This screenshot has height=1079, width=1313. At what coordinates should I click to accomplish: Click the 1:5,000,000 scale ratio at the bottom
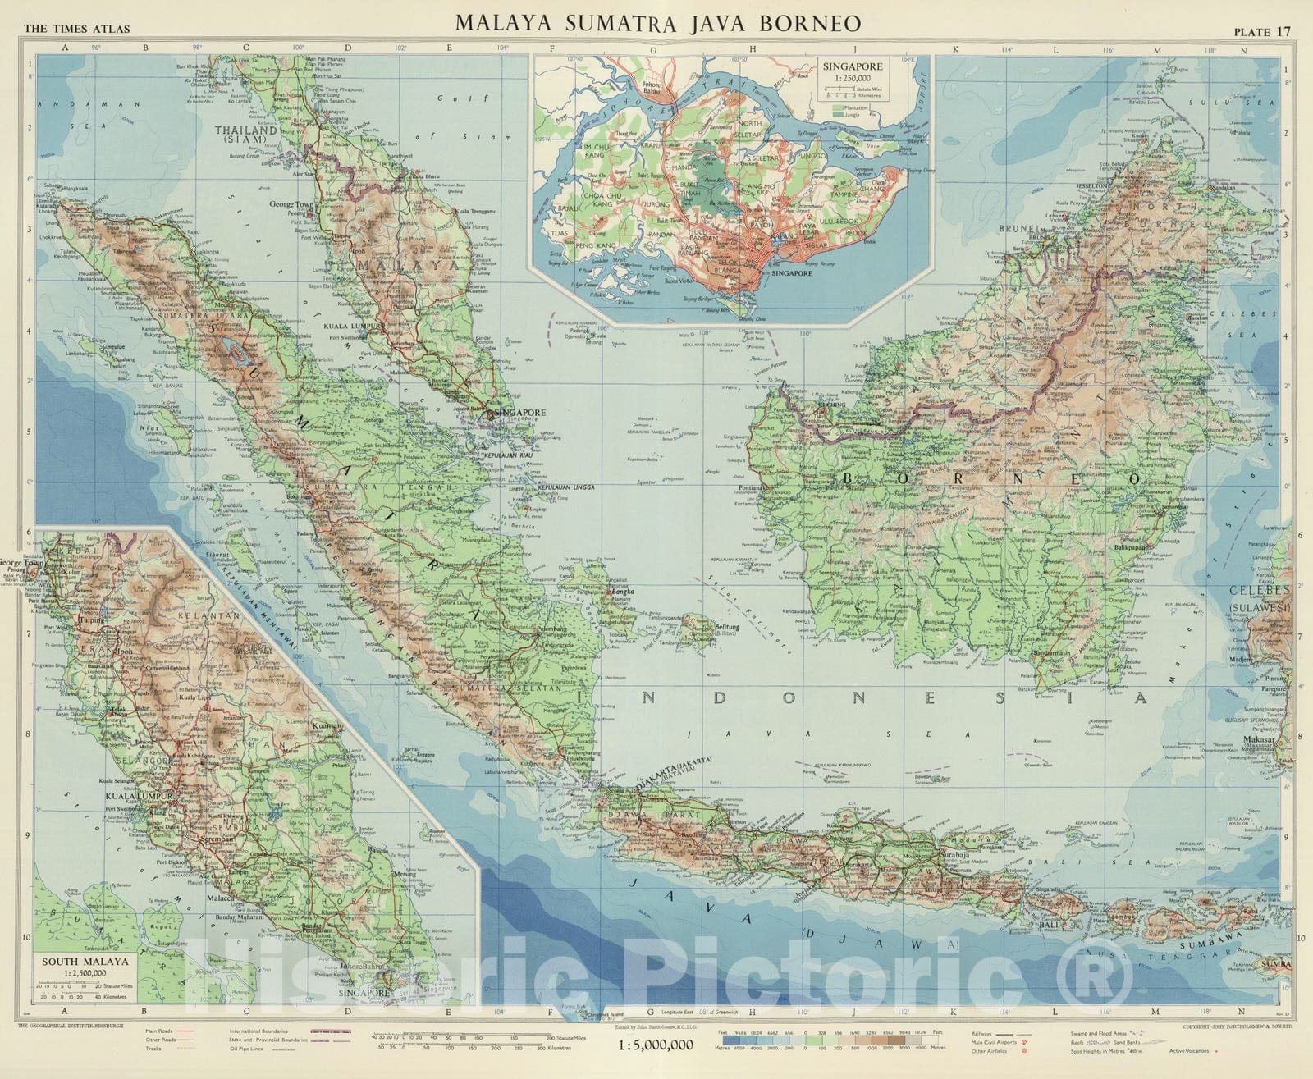pos(655,1045)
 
